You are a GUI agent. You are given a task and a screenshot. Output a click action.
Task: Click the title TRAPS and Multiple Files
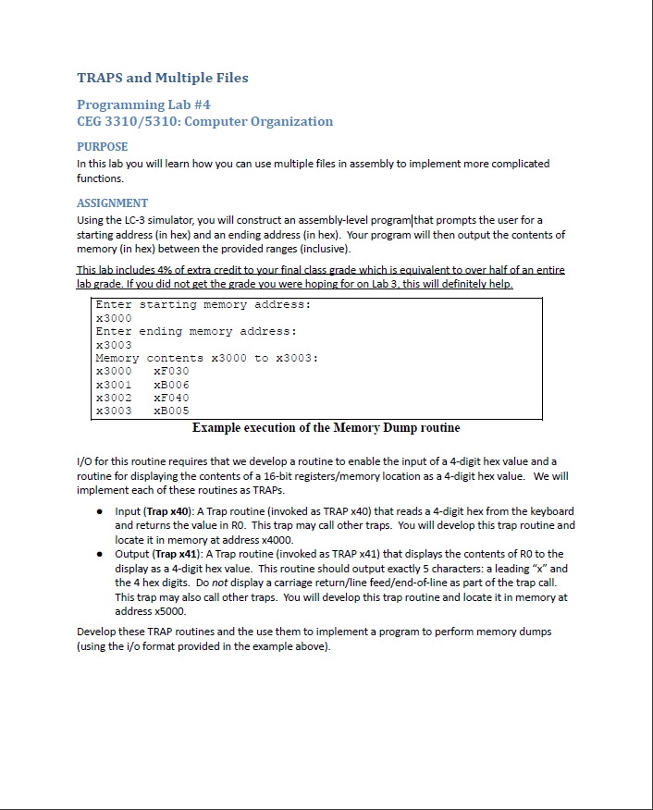pyautogui.click(x=162, y=78)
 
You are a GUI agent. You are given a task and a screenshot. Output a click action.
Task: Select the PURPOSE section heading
pyautogui.click(x=102, y=146)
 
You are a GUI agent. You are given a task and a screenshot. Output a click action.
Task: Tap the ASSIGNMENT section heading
pyautogui.click(x=112, y=202)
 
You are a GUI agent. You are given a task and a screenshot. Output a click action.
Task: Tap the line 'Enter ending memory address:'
pyautogui.click(x=196, y=331)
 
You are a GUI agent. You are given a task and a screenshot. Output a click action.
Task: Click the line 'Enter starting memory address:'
pyautogui.click(x=203, y=304)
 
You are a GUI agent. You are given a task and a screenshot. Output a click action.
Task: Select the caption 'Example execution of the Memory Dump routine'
pyautogui.click(x=326, y=428)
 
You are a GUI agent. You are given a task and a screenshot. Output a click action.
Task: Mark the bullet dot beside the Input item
pyautogui.click(x=99, y=511)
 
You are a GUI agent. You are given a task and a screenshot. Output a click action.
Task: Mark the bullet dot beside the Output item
pyautogui.click(x=99, y=554)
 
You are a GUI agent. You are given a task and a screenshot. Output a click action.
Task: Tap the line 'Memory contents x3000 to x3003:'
pyautogui.click(x=206, y=358)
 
